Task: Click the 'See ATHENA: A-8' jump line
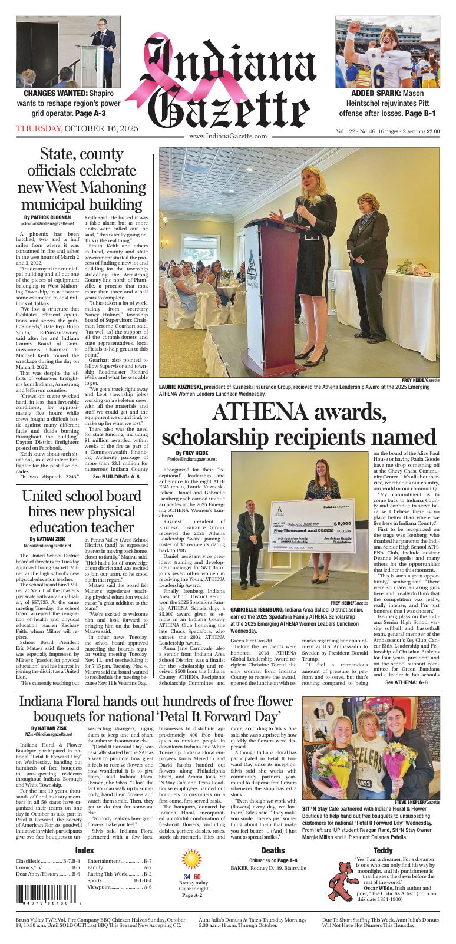pos(406,682)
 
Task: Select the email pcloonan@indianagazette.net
pos(47,224)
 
